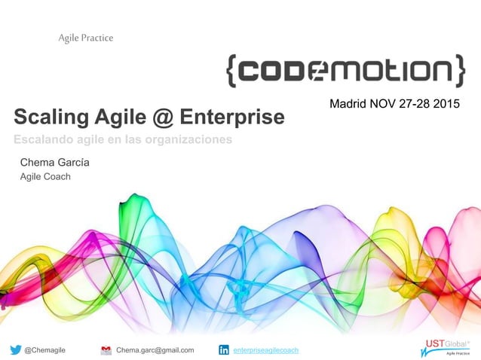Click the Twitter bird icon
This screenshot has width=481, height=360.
(x=16, y=349)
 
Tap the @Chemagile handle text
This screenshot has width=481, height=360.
(x=44, y=350)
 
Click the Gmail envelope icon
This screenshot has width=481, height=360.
(x=106, y=349)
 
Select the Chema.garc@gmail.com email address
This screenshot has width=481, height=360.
(x=155, y=350)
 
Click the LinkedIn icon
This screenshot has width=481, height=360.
(x=224, y=349)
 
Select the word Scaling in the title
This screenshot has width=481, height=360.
(x=46, y=117)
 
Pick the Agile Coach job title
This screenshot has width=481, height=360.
(x=45, y=177)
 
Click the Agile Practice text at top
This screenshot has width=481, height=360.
(x=86, y=38)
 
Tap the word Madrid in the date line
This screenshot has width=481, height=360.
(x=348, y=102)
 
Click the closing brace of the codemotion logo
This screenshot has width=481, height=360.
(x=458, y=70)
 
